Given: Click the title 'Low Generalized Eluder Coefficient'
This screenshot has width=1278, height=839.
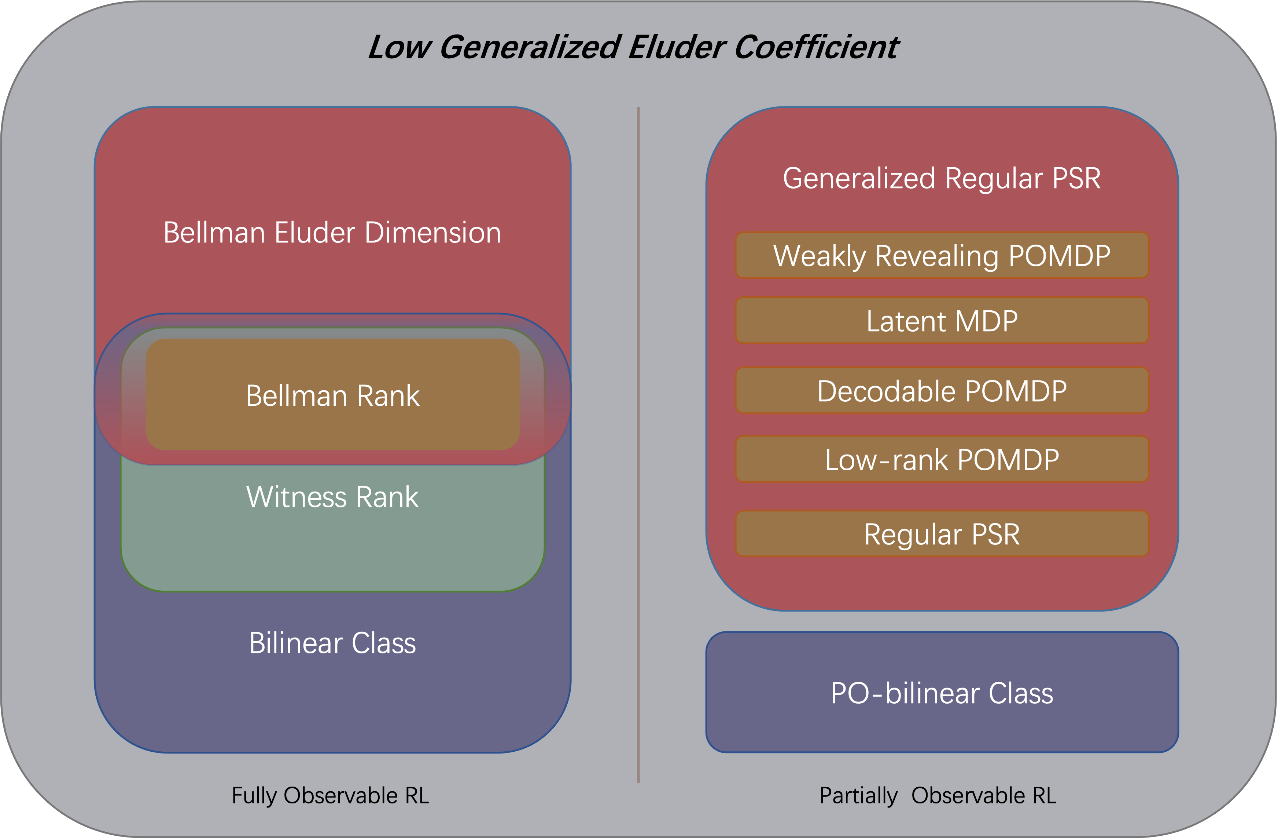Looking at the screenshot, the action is (x=633, y=47).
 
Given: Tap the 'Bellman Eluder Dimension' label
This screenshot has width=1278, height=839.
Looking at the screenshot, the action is (x=332, y=233).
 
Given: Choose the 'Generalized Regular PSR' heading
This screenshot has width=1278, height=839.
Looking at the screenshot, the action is (x=941, y=178).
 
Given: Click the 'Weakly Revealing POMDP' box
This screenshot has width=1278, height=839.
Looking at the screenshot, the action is (x=941, y=255).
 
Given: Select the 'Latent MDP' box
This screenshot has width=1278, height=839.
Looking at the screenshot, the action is (x=941, y=321).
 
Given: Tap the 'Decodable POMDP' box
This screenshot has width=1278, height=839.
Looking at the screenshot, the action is (x=941, y=391).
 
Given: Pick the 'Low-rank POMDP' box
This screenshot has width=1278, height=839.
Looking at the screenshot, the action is (x=941, y=460).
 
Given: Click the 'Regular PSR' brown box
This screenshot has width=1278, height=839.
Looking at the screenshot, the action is (x=941, y=534).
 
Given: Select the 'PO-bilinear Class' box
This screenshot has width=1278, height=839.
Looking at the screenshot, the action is (x=941, y=693).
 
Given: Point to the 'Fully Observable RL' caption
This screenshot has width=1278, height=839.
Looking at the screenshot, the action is (x=330, y=795).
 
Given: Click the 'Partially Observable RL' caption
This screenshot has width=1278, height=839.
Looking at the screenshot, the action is (x=938, y=795).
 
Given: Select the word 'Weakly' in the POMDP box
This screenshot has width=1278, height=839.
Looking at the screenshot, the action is (x=820, y=256).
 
